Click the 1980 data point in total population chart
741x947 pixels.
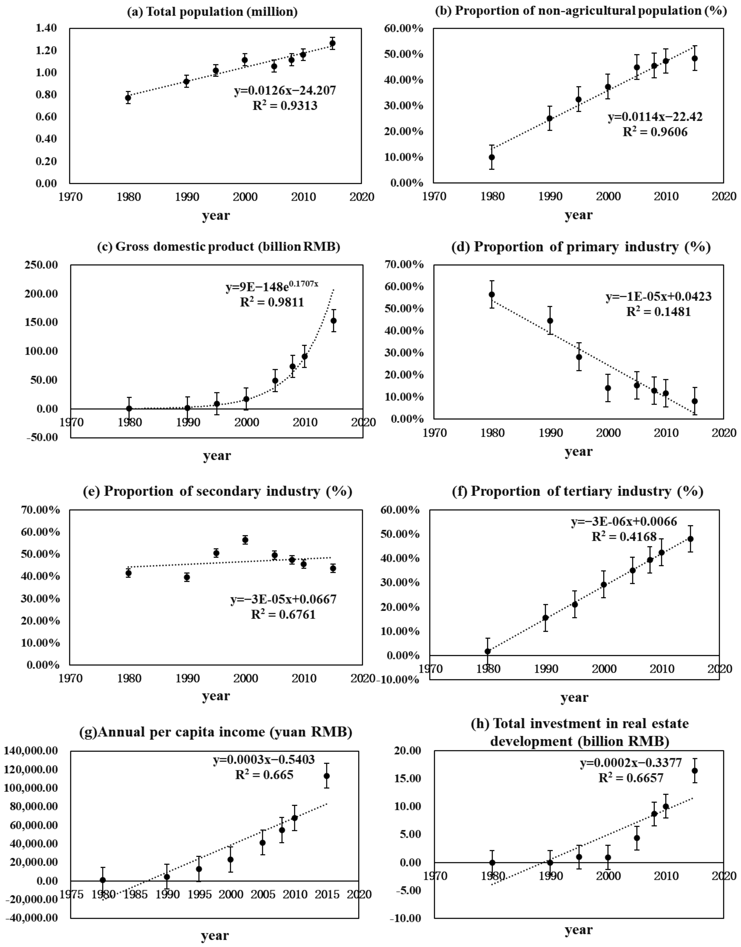click(x=128, y=98)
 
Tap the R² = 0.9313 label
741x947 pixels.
click(x=285, y=105)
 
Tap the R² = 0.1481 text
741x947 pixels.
click(x=658, y=312)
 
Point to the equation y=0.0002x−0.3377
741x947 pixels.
click(x=631, y=763)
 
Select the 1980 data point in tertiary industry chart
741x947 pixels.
click(x=488, y=651)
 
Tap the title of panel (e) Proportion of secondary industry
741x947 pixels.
click(x=217, y=491)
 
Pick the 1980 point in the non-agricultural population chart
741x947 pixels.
click(x=491, y=157)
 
